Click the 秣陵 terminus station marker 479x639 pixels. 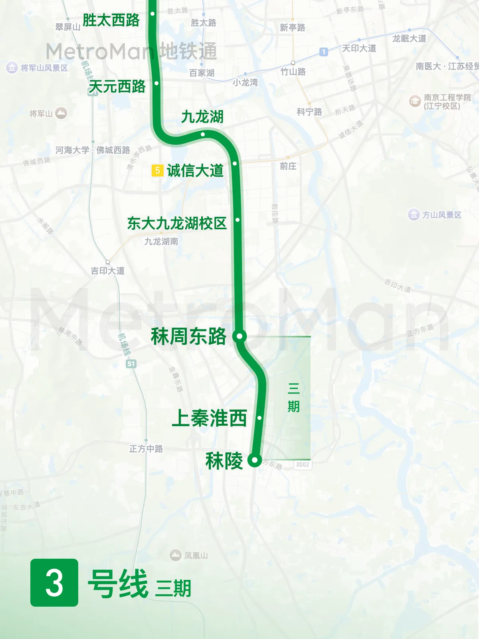254,460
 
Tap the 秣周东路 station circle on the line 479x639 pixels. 239,336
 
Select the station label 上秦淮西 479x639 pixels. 209,418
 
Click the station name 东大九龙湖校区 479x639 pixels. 177,223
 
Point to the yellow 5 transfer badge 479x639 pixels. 157,171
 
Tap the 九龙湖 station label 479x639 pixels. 202,117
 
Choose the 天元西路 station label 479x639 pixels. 117,86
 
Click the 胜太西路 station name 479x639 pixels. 111,20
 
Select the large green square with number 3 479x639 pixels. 54,582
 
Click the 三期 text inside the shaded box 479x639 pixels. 293,397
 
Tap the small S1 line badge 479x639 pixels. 131,363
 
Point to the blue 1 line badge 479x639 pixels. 324,52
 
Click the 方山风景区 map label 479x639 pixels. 441,215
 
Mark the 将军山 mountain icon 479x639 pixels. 61,113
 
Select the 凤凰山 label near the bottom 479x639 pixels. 196,555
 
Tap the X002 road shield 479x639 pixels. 303,464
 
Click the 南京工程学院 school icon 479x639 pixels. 415,101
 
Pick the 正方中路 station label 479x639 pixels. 146,449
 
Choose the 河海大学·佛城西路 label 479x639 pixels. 93,150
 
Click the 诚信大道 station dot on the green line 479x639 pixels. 235,163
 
